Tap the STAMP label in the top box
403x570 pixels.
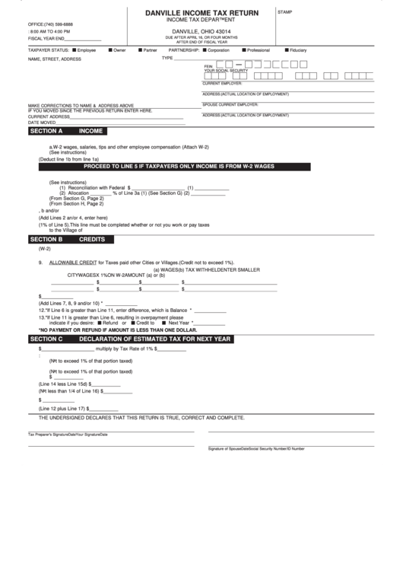285,13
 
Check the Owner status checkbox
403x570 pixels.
109,49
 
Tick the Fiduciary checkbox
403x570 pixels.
286,49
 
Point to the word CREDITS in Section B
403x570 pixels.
92,239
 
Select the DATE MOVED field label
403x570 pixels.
43,122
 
